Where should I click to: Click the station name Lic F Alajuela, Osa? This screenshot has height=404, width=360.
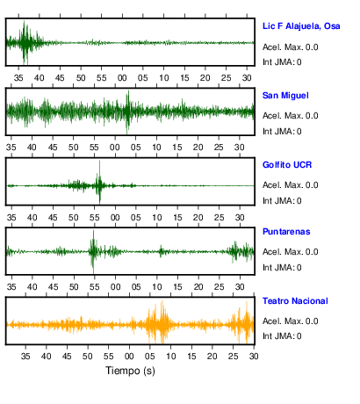pyautogui.click(x=301, y=26)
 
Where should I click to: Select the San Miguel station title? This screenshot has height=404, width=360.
pyautogui.click(x=285, y=96)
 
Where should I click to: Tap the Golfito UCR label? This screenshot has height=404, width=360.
pyautogui.click(x=287, y=165)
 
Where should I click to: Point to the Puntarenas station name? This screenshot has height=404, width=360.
pyautogui.click(x=286, y=232)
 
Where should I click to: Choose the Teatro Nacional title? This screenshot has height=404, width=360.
pyautogui.click(x=295, y=301)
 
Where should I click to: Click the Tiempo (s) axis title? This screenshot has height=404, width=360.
pyautogui.click(x=130, y=371)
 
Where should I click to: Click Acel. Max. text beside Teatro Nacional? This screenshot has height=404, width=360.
pyautogui.click(x=283, y=321)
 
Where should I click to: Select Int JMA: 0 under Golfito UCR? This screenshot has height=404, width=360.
pyautogui.click(x=282, y=201)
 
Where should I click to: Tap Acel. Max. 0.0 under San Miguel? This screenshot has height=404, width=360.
pyautogui.click(x=290, y=116)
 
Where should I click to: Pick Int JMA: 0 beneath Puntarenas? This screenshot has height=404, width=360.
pyautogui.click(x=282, y=268)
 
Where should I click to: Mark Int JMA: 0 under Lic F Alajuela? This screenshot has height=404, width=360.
pyautogui.click(x=282, y=62)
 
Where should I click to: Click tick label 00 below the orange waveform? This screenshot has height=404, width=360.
pyautogui.click(x=129, y=357)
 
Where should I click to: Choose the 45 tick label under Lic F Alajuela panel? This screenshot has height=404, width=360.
pyautogui.click(x=60, y=78)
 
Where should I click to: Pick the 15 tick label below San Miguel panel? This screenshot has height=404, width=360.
pyautogui.click(x=177, y=148)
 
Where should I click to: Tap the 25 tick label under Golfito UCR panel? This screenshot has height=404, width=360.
pyautogui.click(x=219, y=218)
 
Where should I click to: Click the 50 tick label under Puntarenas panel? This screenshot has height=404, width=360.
pyautogui.click(x=74, y=287)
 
